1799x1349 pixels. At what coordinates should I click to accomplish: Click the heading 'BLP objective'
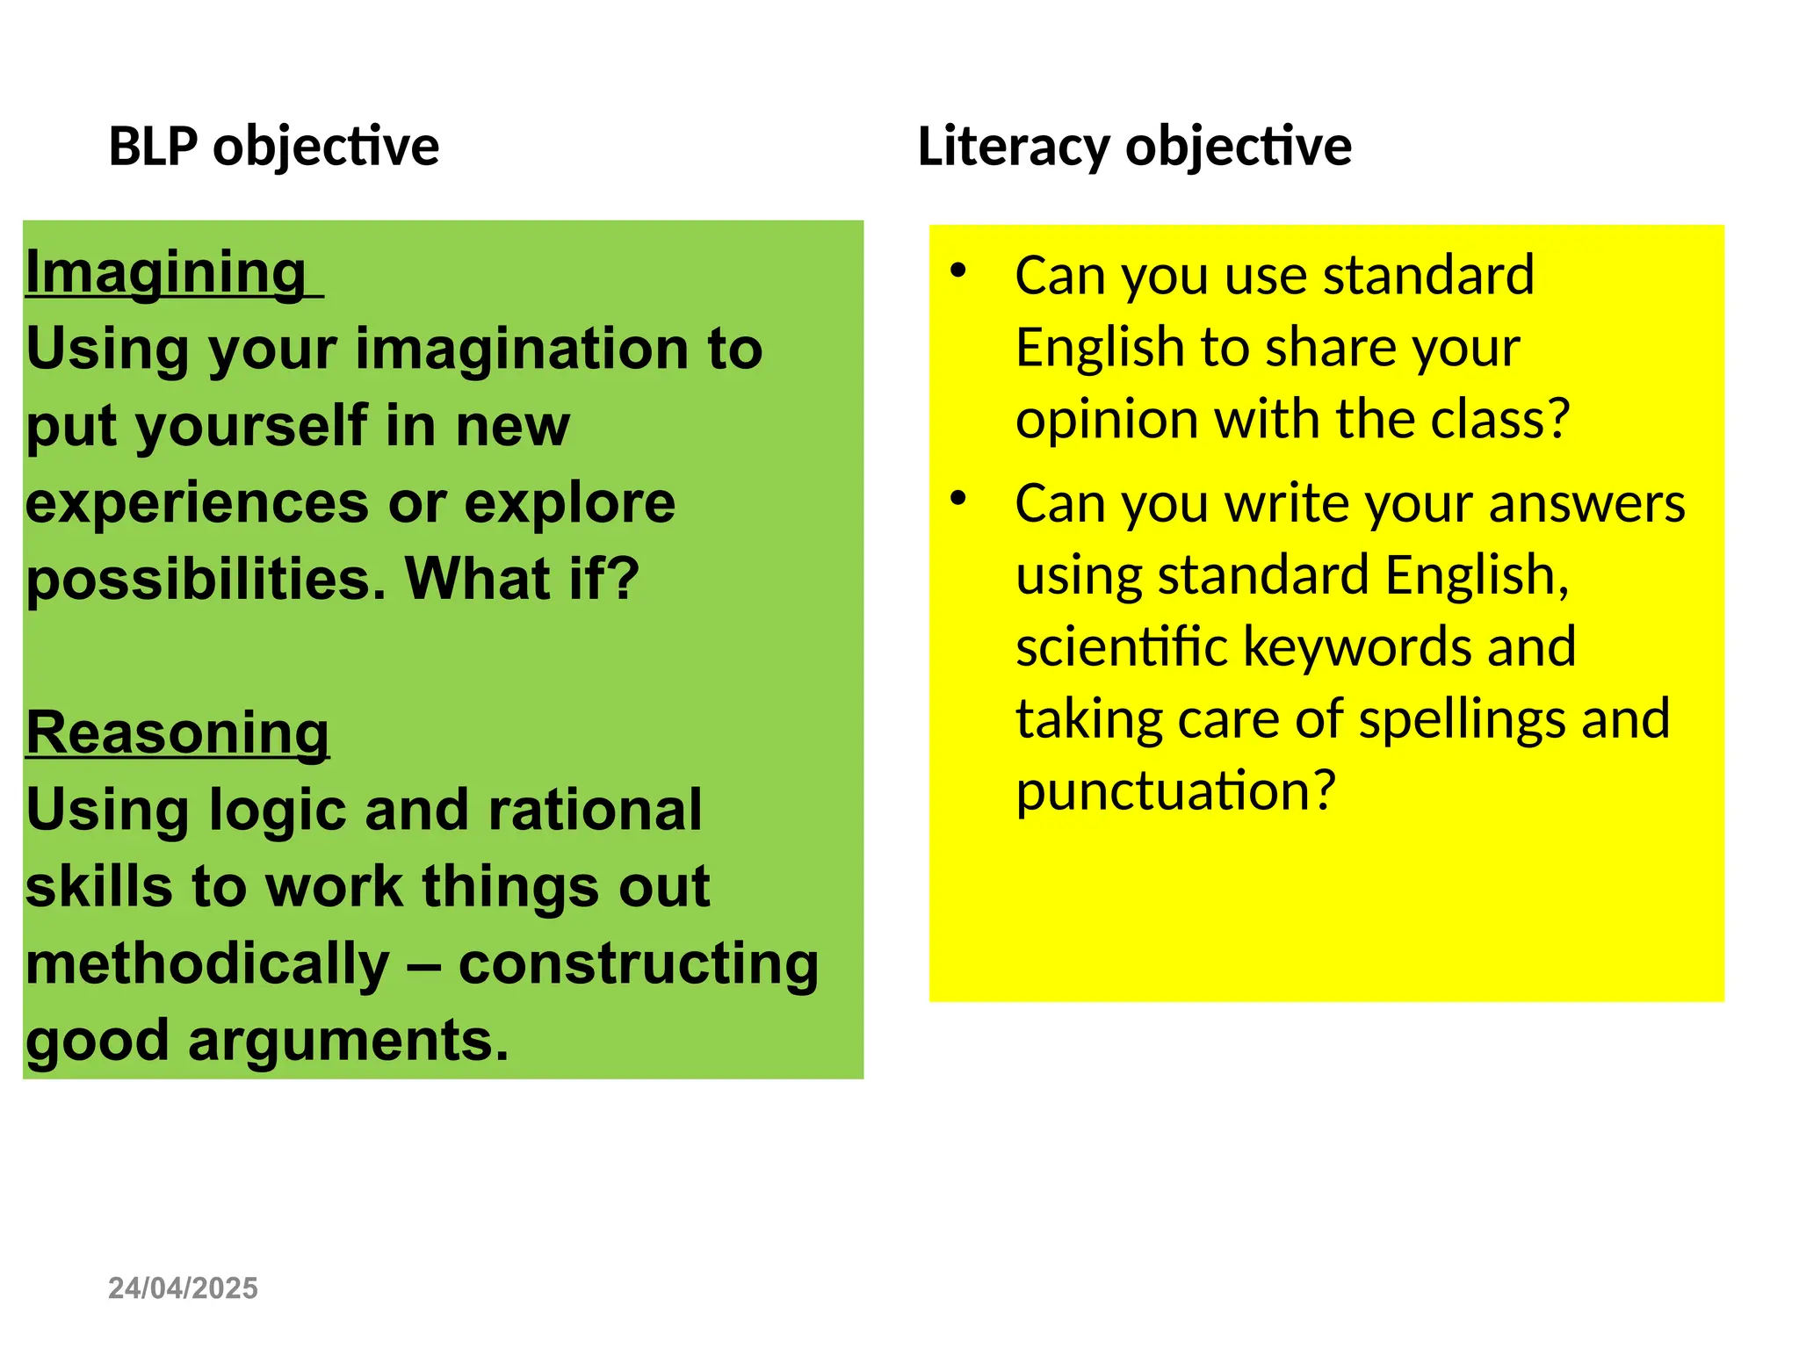pos(273,147)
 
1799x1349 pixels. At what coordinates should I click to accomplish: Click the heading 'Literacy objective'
pos(1134,147)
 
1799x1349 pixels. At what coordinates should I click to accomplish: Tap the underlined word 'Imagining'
pos(166,272)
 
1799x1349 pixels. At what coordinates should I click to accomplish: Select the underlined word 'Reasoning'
pos(177,732)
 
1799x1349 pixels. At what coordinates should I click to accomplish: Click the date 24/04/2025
pos(183,1288)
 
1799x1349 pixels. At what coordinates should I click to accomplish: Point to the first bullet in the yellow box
pos(958,271)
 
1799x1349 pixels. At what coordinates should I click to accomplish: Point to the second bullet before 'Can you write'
pos(958,499)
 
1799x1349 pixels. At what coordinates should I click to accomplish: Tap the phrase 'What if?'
pos(522,580)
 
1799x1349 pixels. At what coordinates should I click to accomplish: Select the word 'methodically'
pos(207,963)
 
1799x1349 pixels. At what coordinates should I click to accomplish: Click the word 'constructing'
pos(639,963)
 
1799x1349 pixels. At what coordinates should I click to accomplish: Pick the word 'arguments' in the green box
pos(348,1041)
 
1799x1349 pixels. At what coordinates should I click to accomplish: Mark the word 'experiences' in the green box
pos(198,503)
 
